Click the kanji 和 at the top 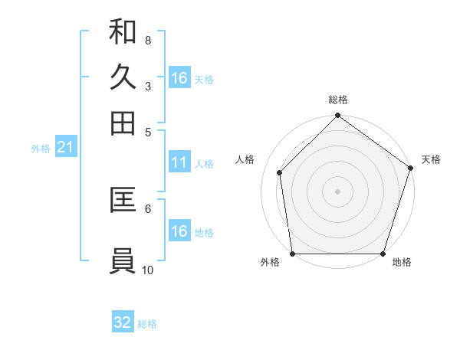point(123,32)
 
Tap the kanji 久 point(123,77)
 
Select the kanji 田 point(123,123)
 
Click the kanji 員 point(123,260)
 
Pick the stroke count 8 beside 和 point(148,40)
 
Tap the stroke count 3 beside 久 point(148,86)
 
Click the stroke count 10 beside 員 point(148,270)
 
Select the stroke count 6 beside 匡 point(148,208)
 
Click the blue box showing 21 point(65,148)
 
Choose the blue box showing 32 point(123,322)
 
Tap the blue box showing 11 point(179,162)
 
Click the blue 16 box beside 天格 point(179,78)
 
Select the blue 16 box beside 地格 point(179,231)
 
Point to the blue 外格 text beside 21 point(40,149)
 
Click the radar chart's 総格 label point(338,100)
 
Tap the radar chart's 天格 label point(431,159)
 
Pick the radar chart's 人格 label point(245,159)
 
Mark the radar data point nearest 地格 point(383,254)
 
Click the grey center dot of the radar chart point(338,191)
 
